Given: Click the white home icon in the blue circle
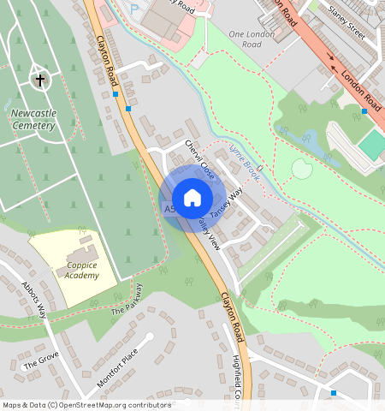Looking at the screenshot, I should [x=192, y=198].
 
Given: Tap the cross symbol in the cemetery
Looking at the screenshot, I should [x=39, y=80].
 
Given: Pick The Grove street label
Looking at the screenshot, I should [x=41, y=360].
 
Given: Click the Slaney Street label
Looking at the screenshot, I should [x=346, y=25].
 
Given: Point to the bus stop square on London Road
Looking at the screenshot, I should [x=364, y=111].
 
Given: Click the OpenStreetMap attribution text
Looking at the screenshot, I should [x=86, y=405].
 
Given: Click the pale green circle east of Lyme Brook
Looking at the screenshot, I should [x=301, y=169].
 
